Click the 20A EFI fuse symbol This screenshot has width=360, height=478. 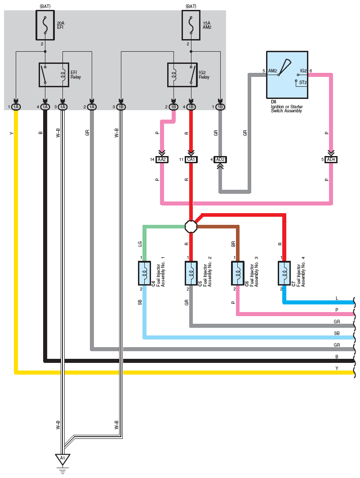coord(45,25)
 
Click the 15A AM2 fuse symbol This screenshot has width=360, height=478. coord(191,25)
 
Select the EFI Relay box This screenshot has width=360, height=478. coord(54,75)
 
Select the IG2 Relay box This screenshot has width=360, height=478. coord(182,75)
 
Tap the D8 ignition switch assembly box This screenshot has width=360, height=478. coord(287,75)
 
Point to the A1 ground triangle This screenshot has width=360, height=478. coord(63,459)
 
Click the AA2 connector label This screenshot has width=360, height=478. coord(162,160)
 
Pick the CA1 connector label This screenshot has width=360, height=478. coord(191,160)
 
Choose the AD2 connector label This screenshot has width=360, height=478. coord(220,160)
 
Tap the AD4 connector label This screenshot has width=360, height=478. coord(331,160)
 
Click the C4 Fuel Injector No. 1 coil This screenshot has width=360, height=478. coord(144,273)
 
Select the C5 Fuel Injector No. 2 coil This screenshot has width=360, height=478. coord(191,273)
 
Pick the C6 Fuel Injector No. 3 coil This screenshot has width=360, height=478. coord(238,273)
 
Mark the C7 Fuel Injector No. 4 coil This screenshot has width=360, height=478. coord(284,273)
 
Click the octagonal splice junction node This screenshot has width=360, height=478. coord(191,227)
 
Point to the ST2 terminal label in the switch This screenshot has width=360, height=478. coord(303,82)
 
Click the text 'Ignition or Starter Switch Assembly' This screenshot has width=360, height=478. coord(287,109)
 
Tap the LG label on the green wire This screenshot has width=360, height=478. coord(140,244)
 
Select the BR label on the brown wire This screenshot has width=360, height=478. coord(233,244)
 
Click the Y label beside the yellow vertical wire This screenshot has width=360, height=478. coord(12,133)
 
